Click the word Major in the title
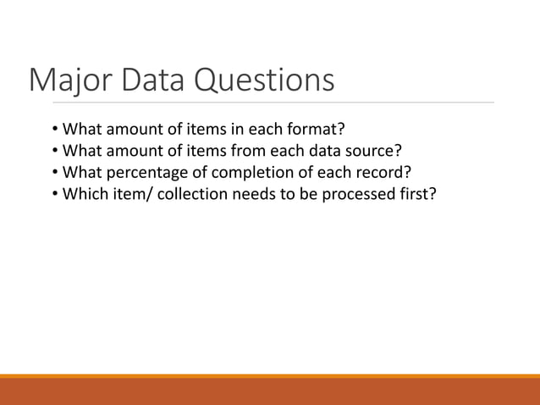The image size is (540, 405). [x=67, y=81]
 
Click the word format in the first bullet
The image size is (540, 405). [x=320, y=130]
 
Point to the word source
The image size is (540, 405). [x=376, y=152]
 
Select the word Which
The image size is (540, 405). [x=83, y=194]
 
